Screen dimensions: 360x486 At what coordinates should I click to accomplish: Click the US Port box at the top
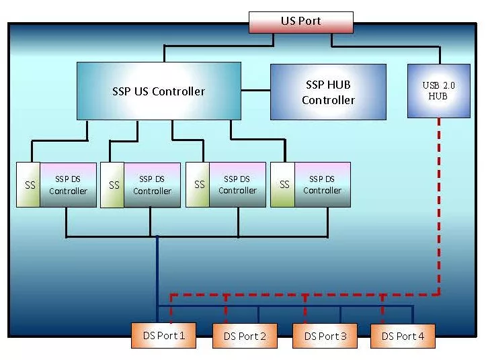point(300,21)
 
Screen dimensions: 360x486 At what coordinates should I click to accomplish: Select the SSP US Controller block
point(159,91)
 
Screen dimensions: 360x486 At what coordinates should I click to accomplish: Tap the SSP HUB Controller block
point(328,92)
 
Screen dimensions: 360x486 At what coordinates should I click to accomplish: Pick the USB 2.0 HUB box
point(438,91)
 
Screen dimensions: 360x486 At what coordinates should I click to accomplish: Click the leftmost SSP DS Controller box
point(68,185)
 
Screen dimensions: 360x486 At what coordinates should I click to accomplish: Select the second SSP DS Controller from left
point(152,185)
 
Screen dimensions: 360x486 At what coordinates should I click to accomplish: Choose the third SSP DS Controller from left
point(237,185)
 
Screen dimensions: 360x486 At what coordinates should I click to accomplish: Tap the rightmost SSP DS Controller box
point(322,185)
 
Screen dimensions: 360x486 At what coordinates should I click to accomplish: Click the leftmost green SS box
point(29,185)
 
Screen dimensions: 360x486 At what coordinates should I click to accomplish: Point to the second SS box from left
point(113,185)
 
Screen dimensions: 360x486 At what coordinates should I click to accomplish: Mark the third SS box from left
point(198,185)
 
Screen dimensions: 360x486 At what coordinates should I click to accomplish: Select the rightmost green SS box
point(283,185)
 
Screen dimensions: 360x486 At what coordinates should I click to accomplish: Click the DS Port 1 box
point(163,335)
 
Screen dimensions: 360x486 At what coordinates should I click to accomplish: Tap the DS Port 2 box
point(245,336)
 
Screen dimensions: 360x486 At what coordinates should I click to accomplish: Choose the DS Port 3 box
point(325,336)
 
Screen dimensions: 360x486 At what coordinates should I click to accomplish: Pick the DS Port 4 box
point(403,336)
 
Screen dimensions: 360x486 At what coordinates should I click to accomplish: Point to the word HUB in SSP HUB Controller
point(338,85)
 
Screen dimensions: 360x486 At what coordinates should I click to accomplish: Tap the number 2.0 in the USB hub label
point(449,85)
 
